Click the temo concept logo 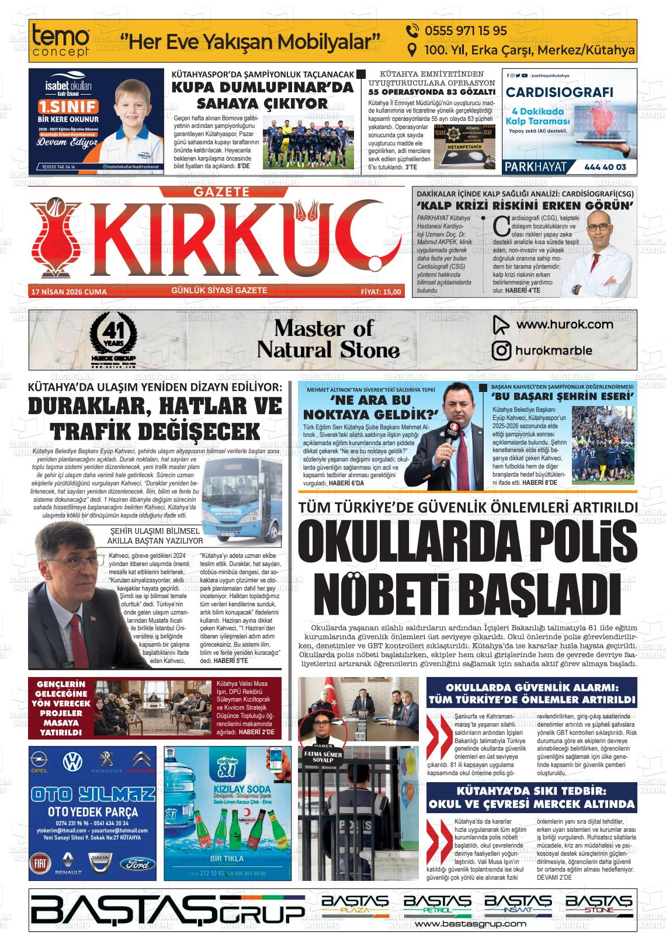point(61,41)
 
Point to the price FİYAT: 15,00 point(381,291)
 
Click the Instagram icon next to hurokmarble point(501,350)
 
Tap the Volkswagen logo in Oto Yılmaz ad point(72,761)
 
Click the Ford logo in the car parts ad point(139,864)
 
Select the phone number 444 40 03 point(605,167)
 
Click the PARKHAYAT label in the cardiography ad point(536,167)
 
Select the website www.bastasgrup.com point(470,924)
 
